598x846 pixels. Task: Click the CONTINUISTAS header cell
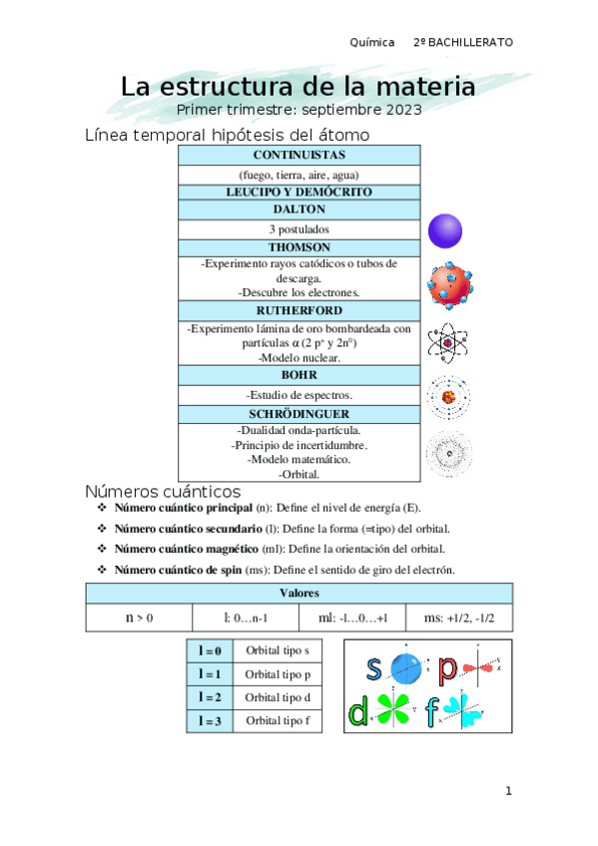[x=299, y=156]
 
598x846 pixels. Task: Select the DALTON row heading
[x=299, y=210]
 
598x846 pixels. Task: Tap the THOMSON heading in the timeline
[x=299, y=246]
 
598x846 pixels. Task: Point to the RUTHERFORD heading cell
[x=299, y=310]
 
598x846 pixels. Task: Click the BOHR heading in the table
[x=299, y=375]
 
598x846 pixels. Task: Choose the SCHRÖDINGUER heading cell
[x=299, y=413]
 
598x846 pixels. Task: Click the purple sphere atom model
[x=444, y=230]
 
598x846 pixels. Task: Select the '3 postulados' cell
[x=299, y=228]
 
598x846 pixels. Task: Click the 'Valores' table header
[x=299, y=593]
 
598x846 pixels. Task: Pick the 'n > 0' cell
[x=140, y=619]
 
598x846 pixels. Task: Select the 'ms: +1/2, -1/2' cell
[x=459, y=619]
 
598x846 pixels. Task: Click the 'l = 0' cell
[x=210, y=650]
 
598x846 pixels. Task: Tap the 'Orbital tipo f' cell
[x=278, y=720]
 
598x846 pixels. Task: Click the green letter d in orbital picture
[x=358, y=713]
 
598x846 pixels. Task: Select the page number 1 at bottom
[x=508, y=791]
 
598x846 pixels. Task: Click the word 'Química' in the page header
[x=373, y=43]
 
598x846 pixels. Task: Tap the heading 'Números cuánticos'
[x=162, y=492]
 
